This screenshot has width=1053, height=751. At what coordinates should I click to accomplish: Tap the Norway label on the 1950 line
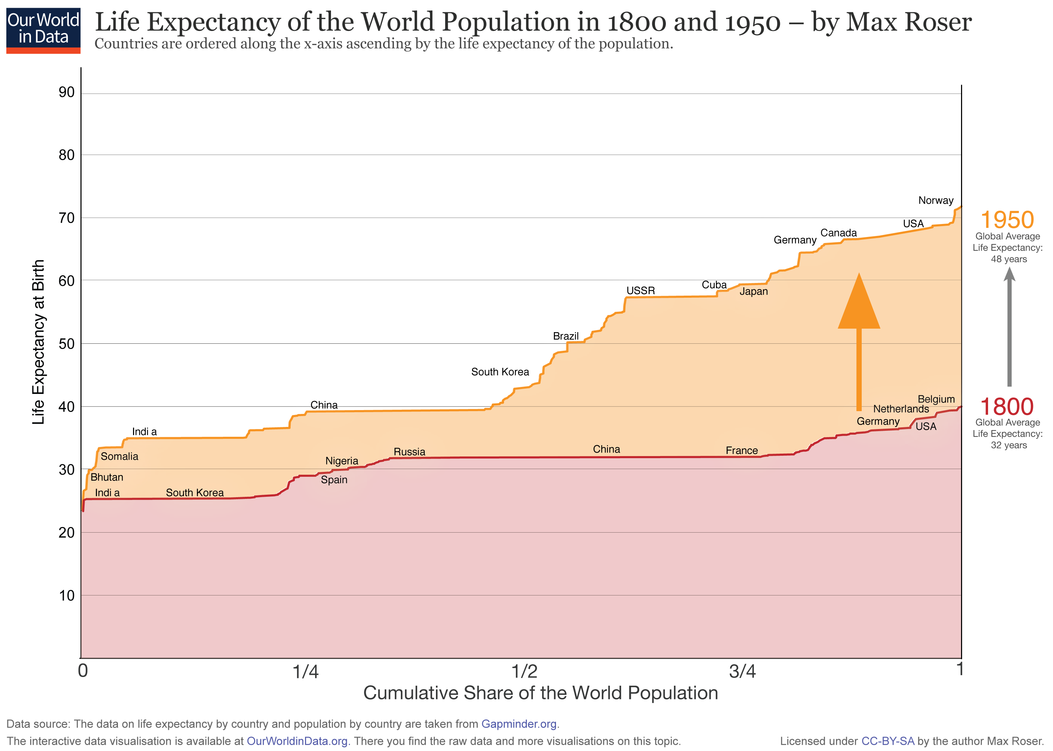935,200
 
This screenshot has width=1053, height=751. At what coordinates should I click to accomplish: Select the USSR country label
640,290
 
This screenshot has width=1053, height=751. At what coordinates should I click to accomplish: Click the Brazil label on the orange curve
565,336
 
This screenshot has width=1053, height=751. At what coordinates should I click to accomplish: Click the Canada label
838,233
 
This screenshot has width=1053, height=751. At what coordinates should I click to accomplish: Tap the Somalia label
119,456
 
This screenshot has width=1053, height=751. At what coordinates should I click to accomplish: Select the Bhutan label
107,477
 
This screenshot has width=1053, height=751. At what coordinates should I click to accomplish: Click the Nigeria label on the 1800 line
342,461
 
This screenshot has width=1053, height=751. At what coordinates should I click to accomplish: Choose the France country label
741,450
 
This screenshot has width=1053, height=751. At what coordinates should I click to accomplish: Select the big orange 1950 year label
1007,220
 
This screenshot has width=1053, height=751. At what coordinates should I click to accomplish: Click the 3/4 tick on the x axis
742,671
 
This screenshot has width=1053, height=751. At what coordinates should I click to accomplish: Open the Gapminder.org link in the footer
519,724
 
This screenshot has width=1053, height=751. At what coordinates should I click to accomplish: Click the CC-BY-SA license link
888,741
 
